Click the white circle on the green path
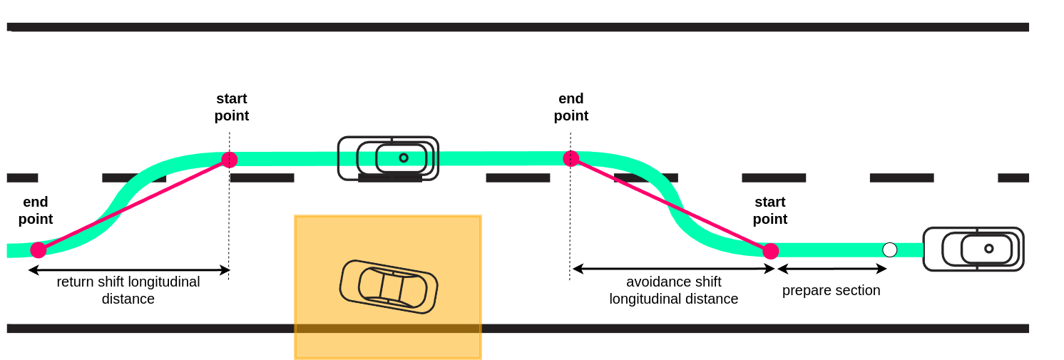pos(889,250)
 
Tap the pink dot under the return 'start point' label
pos(229,160)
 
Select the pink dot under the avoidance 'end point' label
pos(571,158)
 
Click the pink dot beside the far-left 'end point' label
pos(39,250)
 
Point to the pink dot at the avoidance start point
pos(770,251)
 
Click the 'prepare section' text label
pos(831,290)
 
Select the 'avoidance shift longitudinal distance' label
pos(673,290)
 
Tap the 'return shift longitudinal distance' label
pos(128,290)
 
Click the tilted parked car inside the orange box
pos(389,287)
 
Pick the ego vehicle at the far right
pos(973,249)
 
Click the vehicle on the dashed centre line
pos(388,158)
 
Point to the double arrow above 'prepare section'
pos(832,269)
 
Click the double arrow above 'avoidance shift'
pos(673,269)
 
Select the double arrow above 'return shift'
pos(129,270)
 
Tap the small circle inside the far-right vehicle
pos(988,249)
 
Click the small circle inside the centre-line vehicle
pos(404,158)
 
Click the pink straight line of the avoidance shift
pos(670,205)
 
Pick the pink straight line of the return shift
pos(134,205)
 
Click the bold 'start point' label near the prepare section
pos(770,210)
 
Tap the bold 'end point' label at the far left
pos(36,210)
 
